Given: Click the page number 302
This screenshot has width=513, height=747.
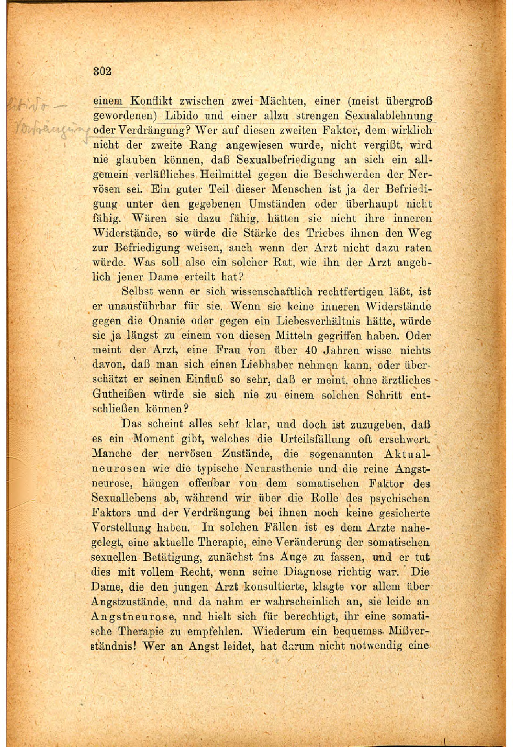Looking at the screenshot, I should tap(103, 71).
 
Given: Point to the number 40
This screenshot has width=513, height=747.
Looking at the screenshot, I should tap(310, 350).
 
